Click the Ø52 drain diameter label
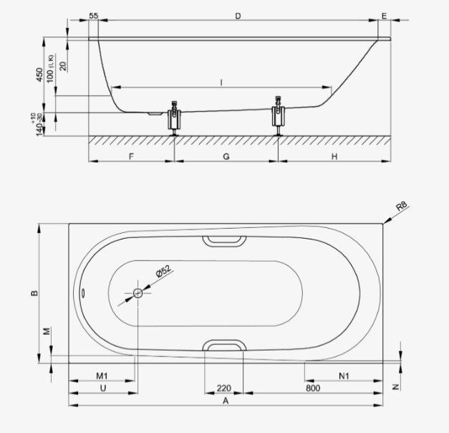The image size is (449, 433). click(163, 271)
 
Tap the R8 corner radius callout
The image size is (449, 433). click(402, 206)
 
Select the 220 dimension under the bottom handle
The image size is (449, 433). click(224, 388)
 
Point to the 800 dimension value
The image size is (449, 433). click(313, 388)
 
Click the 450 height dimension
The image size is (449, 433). click(39, 75)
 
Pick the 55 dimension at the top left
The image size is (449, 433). click(94, 16)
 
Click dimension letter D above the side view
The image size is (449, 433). click(238, 16)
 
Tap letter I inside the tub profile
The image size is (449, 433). click(221, 83)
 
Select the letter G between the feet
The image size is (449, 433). click(226, 156)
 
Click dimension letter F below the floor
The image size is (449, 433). click(131, 156)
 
